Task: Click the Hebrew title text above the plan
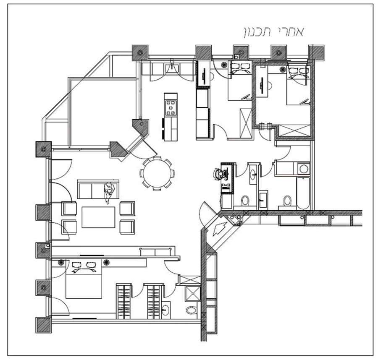273,31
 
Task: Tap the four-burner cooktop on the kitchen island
171,107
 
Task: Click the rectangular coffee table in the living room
98,217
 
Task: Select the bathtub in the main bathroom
304,192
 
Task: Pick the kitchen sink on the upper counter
172,68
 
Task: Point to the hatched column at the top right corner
316,51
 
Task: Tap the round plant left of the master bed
61,262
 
